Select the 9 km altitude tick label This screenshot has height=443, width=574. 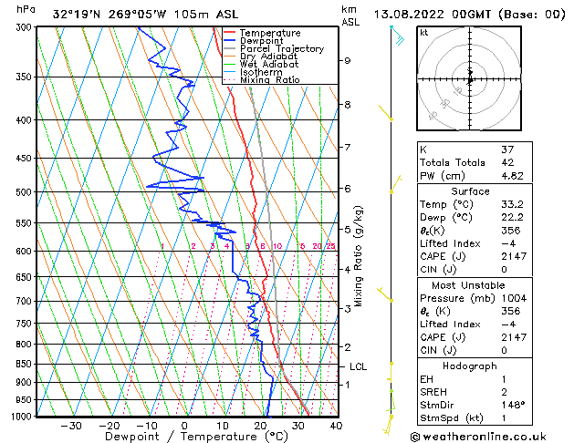[348, 60]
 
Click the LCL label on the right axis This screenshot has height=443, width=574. [359, 366]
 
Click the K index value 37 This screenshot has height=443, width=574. [507, 149]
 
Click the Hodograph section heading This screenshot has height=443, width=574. [470, 365]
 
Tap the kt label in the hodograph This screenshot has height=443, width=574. [424, 32]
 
